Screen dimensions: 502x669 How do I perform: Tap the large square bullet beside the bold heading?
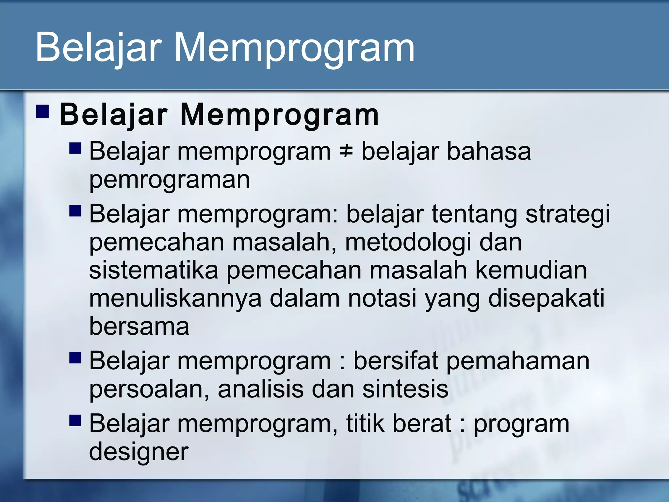[x=43, y=111]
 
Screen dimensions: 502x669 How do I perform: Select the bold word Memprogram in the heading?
[x=279, y=115]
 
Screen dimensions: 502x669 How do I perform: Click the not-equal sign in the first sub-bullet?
[x=346, y=152]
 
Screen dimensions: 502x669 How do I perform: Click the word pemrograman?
[x=170, y=180]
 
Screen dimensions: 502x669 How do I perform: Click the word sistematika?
[x=154, y=271]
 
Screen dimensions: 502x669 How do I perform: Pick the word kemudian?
[x=531, y=271]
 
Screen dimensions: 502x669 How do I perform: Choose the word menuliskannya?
[x=175, y=299]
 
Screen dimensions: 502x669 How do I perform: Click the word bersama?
[x=139, y=326]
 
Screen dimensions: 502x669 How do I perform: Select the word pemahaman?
[x=518, y=361]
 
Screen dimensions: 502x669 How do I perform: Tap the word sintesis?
[x=405, y=389]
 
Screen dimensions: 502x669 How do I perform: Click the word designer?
[x=139, y=452]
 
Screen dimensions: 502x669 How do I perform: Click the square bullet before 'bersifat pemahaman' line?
[x=75, y=358]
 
